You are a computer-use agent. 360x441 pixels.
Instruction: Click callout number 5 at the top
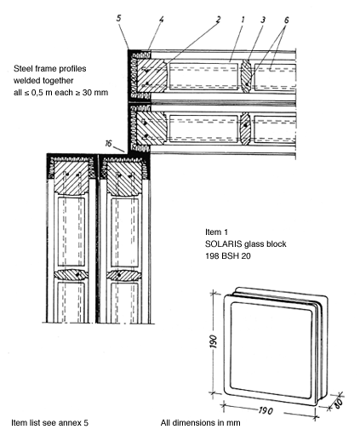[119, 18]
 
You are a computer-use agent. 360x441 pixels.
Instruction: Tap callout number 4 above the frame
[161, 20]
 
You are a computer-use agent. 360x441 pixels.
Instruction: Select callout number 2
[218, 20]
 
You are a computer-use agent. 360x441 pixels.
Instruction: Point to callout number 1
[243, 20]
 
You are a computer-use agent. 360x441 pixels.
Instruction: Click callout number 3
[263, 20]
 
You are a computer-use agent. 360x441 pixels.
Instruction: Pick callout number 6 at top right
[286, 20]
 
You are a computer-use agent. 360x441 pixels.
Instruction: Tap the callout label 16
[108, 144]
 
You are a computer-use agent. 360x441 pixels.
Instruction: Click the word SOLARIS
[224, 244]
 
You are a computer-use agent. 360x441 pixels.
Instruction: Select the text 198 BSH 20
[228, 256]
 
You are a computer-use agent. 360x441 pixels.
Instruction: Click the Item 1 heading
[216, 232]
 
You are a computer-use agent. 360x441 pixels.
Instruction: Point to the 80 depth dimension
[338, 403]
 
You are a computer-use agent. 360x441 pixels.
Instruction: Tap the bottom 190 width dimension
[266, 410]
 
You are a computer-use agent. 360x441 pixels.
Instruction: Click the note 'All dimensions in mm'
[200, 423]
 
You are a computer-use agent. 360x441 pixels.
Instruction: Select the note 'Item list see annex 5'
[49, 423]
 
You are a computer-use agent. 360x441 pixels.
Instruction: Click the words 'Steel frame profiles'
[50, 69]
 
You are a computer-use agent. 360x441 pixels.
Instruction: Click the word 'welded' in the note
[26, 81]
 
